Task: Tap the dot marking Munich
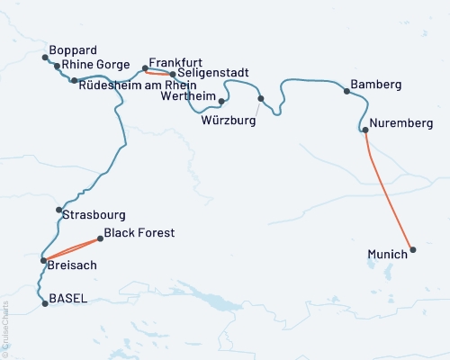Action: (x=413, y=249)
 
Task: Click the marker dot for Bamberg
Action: (x=346, y=91)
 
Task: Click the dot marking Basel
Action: (x=44, y=304)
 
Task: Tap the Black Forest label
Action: (x=139, y=233)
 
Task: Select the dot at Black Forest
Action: (x=100, y=238)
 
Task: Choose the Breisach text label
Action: (x=72, y=266)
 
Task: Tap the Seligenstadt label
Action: (x=212, y=73)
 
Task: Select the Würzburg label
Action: (x=229, y=119)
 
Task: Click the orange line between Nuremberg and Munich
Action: (x=389, y=190)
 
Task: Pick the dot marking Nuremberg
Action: (x=364, y=130)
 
